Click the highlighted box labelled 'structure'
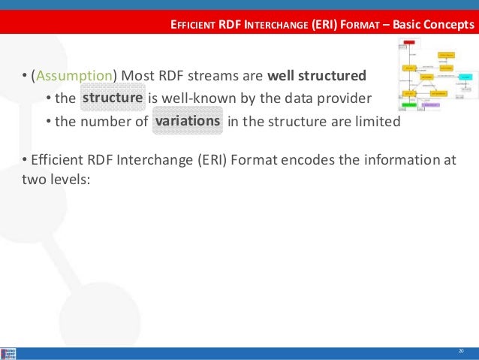113,98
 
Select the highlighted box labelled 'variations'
188,121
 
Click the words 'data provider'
332,99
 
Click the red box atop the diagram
408,43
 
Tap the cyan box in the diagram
465,77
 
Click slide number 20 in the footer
461,352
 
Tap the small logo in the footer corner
10,353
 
